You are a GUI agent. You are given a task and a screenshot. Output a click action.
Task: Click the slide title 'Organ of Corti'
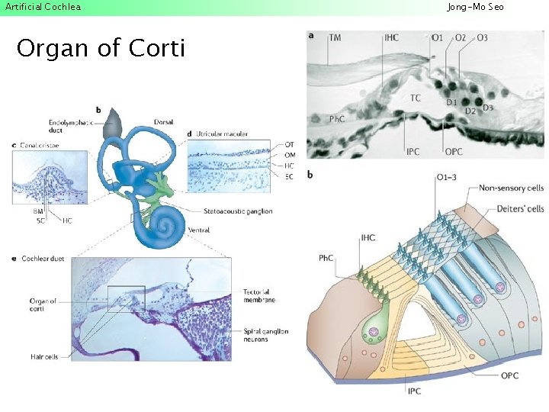coord(101,49)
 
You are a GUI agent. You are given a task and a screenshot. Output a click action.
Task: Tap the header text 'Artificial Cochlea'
coord(43,7)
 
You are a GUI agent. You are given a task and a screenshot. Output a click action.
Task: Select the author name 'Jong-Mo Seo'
coord(475,7)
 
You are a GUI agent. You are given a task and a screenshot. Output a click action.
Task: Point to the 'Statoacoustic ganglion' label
coord(238,211)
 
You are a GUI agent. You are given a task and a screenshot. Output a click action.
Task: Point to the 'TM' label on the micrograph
coord(335,37)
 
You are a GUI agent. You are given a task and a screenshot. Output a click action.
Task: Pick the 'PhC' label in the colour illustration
coord(326,259)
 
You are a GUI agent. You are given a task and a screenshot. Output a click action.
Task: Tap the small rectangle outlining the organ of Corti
coord(126,298)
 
